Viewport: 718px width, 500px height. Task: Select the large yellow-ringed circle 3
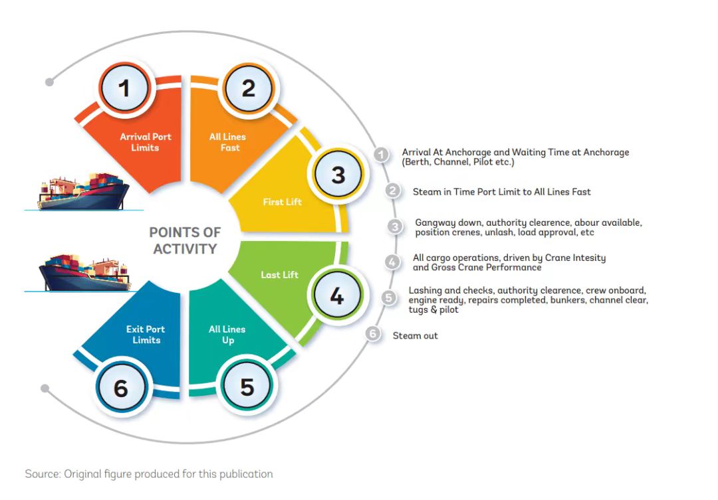[x=338, y=175]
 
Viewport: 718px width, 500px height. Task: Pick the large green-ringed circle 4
[x=337, y=296]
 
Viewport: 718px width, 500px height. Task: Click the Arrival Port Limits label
[x=145, y=142]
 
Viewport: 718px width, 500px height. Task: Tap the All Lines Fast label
[x=227, y=142]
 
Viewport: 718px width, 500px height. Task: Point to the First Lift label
[x=282, y=202]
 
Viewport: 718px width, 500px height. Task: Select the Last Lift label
[x=279, y=274]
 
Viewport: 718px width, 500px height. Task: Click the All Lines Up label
[x=227, y=335]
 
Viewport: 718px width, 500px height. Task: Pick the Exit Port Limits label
[x=146, y=335]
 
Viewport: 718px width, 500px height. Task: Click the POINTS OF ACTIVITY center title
[x=185, y=241]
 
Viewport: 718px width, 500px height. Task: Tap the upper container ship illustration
[x=84, y=193]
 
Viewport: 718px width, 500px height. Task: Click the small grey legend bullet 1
[x=381, y=155]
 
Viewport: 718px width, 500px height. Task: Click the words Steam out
[x=415, y=336]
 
